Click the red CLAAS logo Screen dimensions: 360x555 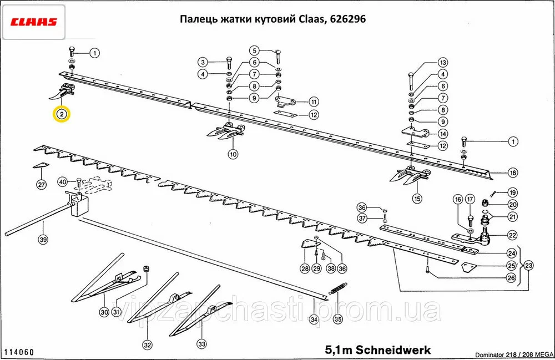pos(33,23)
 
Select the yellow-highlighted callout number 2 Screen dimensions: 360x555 pos(62,115)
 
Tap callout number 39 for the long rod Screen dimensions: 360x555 pos(43,240)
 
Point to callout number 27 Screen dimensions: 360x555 pos(41,184)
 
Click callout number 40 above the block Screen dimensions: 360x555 pos(63,182)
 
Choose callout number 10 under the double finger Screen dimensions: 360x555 pos(232,154)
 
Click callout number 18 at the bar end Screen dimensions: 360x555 pos(512,173)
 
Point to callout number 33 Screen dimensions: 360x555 pos(201,344)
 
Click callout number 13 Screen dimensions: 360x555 pos(443,62)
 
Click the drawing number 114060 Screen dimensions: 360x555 pos(19,352)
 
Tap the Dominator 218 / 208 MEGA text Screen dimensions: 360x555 pos(513,353)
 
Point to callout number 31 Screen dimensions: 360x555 pos(116,312)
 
